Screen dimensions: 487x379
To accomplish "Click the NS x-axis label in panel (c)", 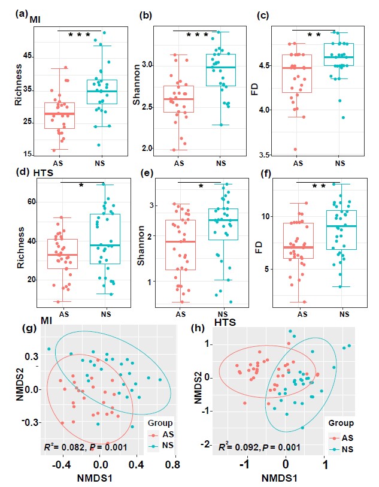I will point(340,162).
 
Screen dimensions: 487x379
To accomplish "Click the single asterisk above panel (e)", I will point(201,186).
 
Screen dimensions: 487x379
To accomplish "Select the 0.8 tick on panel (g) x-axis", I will point(175,464).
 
